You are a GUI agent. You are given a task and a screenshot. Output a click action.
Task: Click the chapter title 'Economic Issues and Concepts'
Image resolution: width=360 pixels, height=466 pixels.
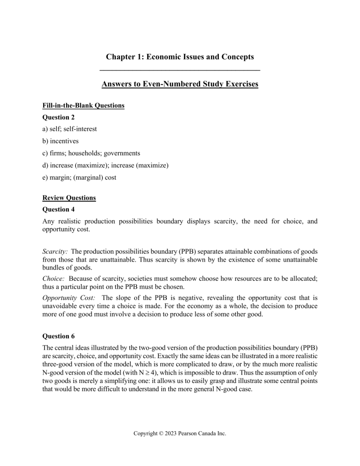point(180,57)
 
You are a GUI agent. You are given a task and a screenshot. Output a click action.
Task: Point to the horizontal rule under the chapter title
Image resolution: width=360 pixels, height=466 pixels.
point(180,70)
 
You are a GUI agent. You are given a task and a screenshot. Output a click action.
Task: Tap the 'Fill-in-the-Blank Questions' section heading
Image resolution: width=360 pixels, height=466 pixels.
point(87,106)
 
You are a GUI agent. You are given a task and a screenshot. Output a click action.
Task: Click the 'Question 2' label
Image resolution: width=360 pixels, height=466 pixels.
point(68,118)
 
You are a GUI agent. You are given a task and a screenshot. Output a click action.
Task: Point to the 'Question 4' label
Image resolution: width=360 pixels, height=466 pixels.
point(68,210)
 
